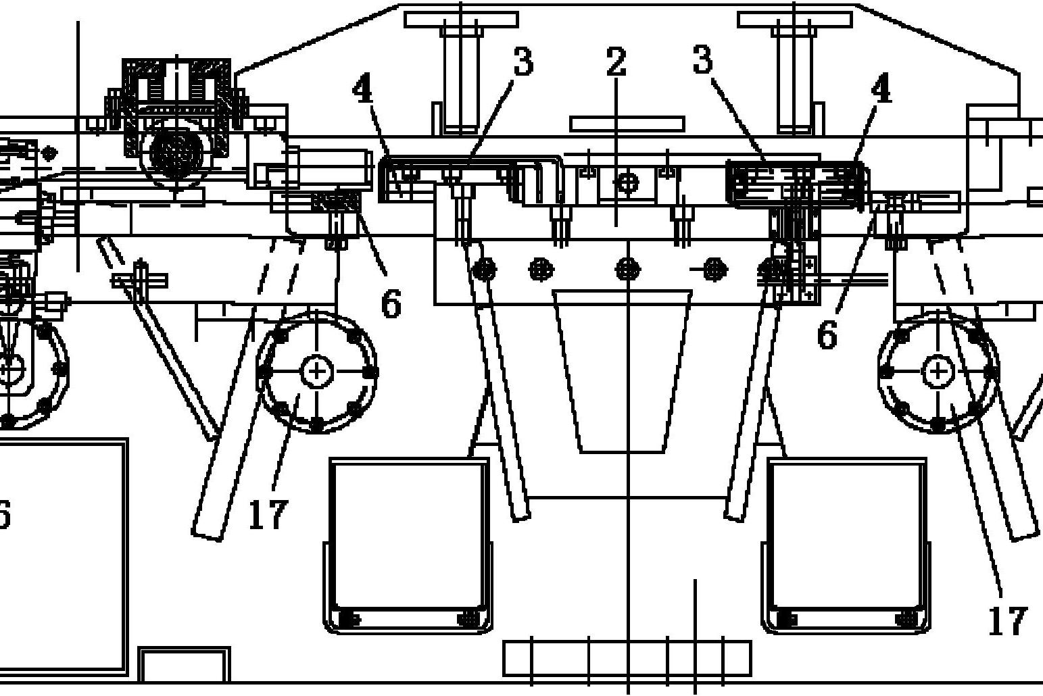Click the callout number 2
(616, 62)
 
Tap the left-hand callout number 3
(523, 61)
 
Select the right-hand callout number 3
(702, 59)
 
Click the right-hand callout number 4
(881, 89)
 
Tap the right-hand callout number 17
(1007, 620)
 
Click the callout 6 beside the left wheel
(391, 303)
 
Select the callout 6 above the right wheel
(827, 333)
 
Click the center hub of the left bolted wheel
(317, 372)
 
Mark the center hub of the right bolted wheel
(938, 372)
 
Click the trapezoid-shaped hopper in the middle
(622, 372)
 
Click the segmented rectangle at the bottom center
(627, 658)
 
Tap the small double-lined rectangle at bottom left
(185, 665)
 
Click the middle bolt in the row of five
(628, 270)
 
